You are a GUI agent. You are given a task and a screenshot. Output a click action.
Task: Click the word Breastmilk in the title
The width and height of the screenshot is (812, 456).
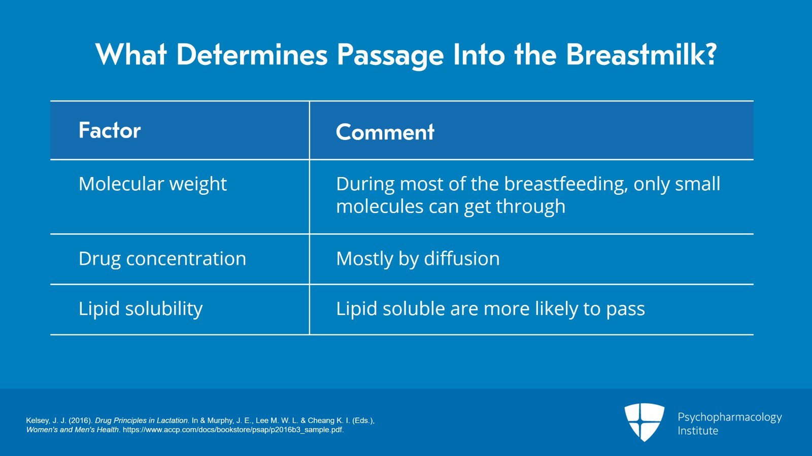tap(641, 54)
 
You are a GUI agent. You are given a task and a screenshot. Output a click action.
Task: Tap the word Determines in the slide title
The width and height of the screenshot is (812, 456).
tap(252, 54)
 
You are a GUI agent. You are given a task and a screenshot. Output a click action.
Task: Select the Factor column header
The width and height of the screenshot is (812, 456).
tap(110, 130)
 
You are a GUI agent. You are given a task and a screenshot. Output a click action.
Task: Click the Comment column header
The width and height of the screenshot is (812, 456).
tap(385, 132)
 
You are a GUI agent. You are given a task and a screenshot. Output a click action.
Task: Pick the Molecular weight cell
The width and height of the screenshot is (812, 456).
tap(153, 184)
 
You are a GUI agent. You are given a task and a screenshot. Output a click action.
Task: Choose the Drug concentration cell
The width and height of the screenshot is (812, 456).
tap(162, 259)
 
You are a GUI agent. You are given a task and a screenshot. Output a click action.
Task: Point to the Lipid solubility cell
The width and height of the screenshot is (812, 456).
tap(141, 308)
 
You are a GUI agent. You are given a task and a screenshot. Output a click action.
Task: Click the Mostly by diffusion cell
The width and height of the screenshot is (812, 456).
tap(418, 259)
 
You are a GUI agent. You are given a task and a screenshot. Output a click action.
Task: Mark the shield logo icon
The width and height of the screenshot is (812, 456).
tap(644, 422)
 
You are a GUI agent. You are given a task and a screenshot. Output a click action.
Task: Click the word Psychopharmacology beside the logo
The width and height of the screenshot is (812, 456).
tap(729, 417)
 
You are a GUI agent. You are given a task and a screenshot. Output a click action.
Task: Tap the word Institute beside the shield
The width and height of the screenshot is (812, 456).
tap(698, 431)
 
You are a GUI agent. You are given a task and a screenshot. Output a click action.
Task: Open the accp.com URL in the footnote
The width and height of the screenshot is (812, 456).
tap(233, 430)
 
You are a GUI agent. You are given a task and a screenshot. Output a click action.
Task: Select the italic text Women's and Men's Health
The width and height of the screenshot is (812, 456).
tap(73, 430)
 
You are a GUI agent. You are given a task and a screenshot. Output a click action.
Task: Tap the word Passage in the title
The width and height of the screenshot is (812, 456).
tap(390, 54)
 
